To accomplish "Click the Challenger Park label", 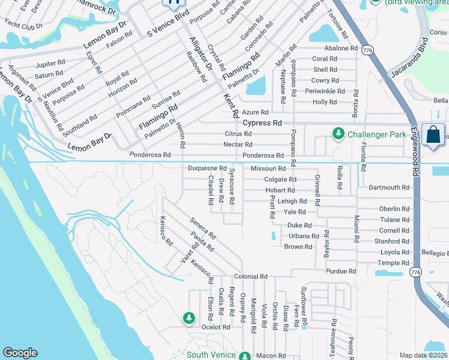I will point(377,134).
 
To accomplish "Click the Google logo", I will point(20,353).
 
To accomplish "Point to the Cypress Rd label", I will point(262,122).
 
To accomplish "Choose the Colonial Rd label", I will point(250,277).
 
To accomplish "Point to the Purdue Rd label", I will point(341,271).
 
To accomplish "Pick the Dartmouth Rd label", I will point(389,187).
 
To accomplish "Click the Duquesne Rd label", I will point(207,169).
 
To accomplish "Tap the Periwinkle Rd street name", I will point(325,91).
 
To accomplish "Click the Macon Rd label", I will point(267,356).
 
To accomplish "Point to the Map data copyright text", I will point(424,355).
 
